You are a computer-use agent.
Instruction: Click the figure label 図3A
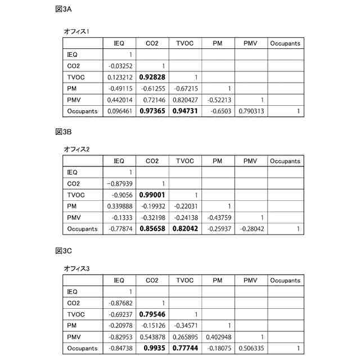(x=63, y=10)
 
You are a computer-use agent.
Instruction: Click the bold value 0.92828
(x=151, y=77)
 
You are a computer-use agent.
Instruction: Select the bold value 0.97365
(x=151, y=111)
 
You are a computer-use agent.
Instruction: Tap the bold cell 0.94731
(x=184, y=111)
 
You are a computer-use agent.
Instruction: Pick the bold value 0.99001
(x=151, y=195)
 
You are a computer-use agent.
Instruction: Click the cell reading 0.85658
(x=151, y=229)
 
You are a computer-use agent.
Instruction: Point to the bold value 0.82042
(x=184, y=229)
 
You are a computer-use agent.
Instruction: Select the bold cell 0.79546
(x=151, y=314)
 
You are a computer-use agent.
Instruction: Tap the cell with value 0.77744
(x=184, y=348)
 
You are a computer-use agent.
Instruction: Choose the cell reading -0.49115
(x=119, y=88)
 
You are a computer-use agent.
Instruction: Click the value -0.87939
(x=119, y=183)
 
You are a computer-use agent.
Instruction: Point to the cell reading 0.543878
(x=151, y=336)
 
